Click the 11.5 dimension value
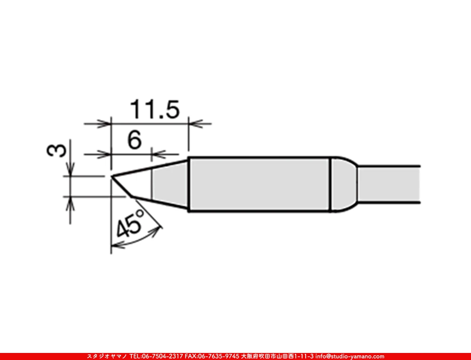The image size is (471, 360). pos(154,110)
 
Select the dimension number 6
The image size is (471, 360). pos(134,140)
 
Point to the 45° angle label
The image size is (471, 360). pos(130,224)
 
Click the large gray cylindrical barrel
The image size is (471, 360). pos(259,184)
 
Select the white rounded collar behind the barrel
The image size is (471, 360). pos(344,184)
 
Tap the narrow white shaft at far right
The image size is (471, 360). pos(389,184)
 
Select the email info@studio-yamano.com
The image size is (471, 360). pos(350,356)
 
